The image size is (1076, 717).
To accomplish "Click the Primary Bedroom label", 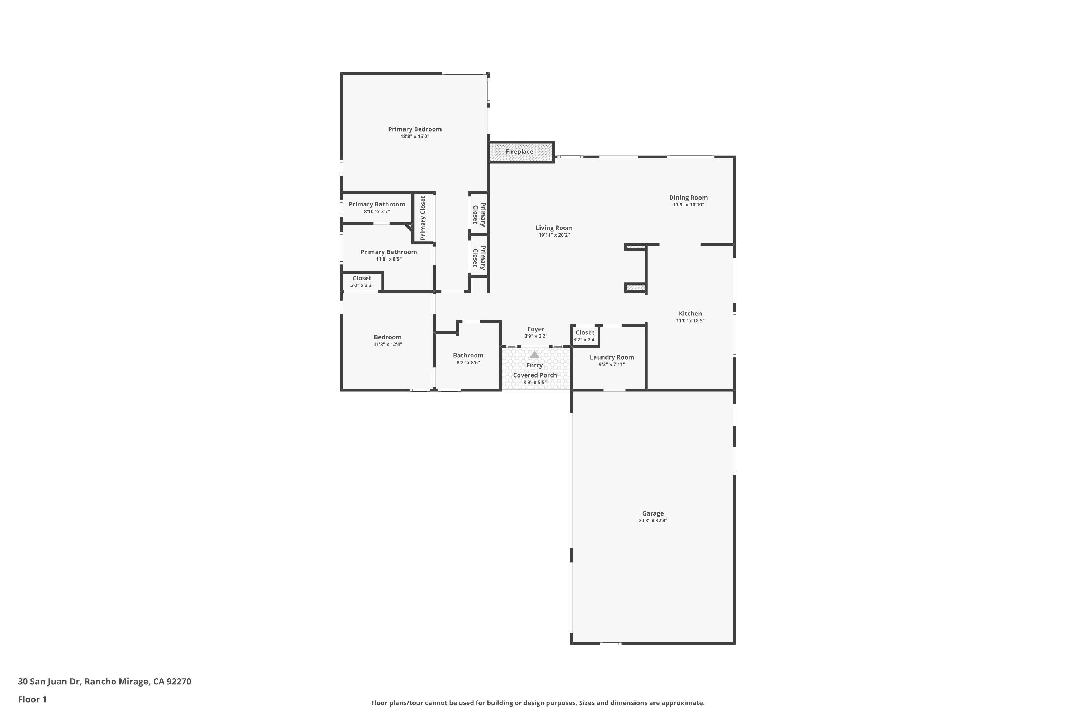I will (415, 129).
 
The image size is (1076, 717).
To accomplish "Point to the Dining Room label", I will (688, 198).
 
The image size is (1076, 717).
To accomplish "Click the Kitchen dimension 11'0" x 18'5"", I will (690, 320).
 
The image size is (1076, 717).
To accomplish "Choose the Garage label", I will (652, 513).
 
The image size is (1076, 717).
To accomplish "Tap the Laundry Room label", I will (611, 357).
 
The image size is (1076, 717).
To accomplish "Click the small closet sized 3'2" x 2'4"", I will (585, 336).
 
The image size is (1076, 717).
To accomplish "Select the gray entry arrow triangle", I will (534, 355).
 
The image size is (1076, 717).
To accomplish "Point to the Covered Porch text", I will (534, 375).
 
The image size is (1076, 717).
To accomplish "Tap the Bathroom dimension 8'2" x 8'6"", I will (468, 362).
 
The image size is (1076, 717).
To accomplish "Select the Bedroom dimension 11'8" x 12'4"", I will (387, 344).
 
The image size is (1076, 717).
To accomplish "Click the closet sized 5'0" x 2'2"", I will (362, 281).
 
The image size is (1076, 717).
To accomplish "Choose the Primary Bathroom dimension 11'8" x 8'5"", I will (388, 259).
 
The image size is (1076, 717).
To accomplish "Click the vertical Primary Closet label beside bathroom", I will (423, 218).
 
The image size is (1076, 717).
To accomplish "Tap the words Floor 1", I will (32, 699).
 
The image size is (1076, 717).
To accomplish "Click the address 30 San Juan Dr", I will (104, 682).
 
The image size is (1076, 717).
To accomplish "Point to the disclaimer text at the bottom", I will (538, 703).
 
